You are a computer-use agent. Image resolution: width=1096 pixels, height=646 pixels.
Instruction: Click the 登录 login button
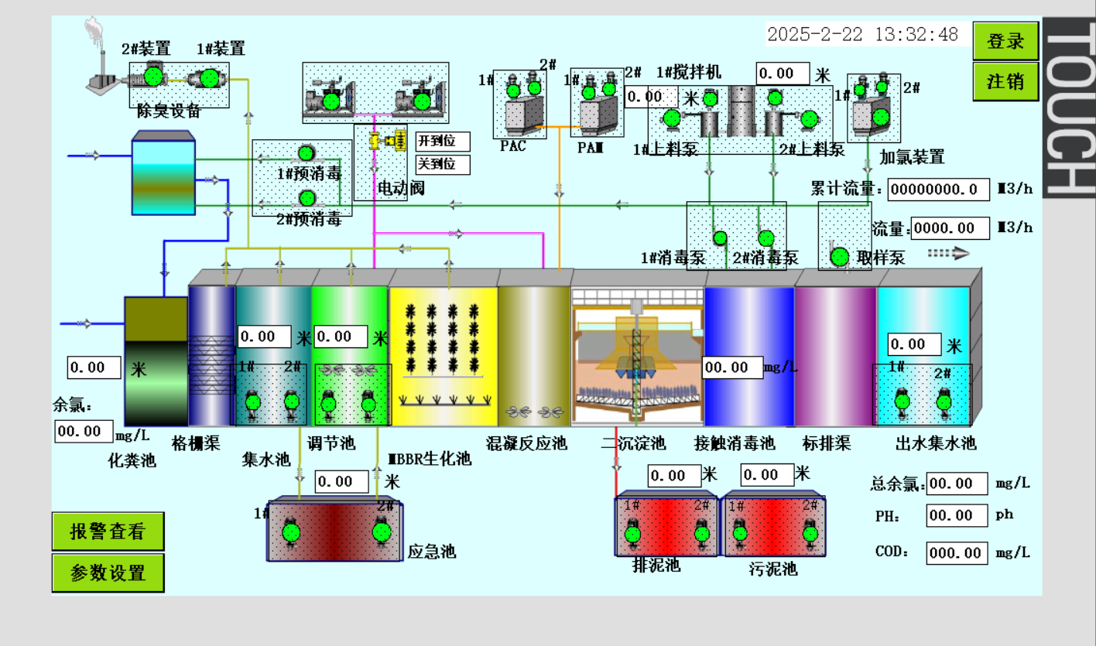[x=1005, y=42]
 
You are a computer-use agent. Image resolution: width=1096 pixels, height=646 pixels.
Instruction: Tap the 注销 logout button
[x=1005, y=81]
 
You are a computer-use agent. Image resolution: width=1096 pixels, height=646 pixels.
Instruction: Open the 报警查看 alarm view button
[x=108, y=531]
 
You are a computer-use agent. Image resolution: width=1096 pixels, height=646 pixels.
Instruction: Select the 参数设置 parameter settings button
[x=108, y=573]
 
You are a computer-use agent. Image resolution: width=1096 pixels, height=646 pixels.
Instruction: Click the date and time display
[x=862, y=34]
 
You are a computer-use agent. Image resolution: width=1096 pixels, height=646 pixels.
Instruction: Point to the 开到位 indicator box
[x=443, y=142]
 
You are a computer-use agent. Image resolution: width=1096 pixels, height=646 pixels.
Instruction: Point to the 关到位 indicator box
[x=443, y=165]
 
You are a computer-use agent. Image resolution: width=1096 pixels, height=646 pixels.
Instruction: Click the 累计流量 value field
[x=938, y=190]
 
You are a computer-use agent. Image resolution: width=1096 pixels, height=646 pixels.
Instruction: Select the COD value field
[x=957, y=552]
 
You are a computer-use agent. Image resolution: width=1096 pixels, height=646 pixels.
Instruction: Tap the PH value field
[x=957, y=515]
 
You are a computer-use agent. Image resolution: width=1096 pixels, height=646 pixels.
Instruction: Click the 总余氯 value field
[x=957, y=484]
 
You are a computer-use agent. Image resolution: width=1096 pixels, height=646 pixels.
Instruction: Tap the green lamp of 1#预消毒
[x=307, y=152]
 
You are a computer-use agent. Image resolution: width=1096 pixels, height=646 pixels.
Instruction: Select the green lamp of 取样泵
[x=839, y=256]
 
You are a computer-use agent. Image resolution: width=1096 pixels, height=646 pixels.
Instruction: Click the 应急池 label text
[x=431, y=552]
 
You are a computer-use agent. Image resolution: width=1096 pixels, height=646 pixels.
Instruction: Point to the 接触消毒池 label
[x=735, y=443]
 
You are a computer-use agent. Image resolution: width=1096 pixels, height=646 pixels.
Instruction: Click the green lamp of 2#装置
[x=153, y=77]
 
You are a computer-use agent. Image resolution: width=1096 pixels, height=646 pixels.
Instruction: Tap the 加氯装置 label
[x=912, y=157]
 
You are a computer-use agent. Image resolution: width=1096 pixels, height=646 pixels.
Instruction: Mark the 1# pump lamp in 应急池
[x=291, y=532]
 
